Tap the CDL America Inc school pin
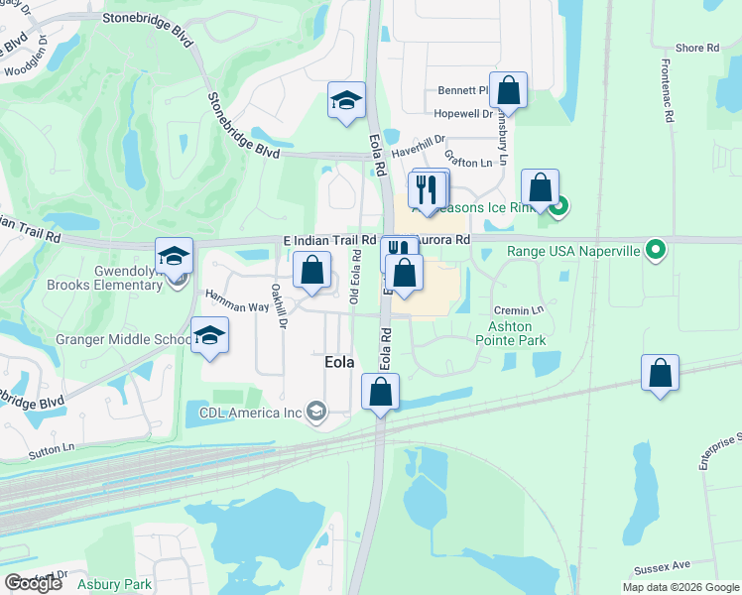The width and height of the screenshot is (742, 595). (x=316, y=412)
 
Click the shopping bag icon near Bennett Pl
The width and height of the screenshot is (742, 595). (x=508, y=91)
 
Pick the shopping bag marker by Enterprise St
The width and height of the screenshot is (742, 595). (x=660, y=373)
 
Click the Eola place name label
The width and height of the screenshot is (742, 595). (x=339, y=363)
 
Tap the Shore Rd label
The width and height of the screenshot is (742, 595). (x=696, y=48)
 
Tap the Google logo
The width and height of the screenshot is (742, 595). (x=34, y=583)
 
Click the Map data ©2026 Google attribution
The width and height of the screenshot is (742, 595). (x=680, y=587)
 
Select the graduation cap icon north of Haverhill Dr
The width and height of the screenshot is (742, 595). (x=347, y=100)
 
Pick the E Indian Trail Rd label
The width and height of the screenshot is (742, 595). (x=329, y=240)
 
